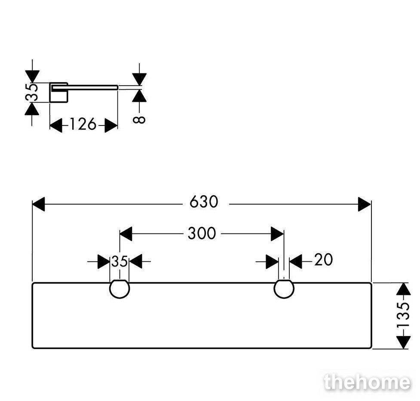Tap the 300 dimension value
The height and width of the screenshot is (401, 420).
pos(202,233)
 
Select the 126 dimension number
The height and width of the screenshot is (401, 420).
pos(83,124)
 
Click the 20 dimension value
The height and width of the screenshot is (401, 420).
pos(323,260)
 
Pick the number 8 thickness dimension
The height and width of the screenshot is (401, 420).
pos(139,120)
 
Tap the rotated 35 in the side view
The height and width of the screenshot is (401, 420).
pos(32,92)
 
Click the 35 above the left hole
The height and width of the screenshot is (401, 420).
pos(120,261)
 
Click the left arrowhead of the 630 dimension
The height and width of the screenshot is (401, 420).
pos(38,204)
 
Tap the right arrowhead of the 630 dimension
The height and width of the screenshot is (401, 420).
pos(365,204)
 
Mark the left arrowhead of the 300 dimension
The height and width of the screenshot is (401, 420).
pos(126,233)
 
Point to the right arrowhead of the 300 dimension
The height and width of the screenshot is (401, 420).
pos(277,233)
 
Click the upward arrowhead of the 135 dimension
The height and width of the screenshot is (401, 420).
pos(403,289)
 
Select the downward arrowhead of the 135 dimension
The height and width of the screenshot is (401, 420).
pos(403,343)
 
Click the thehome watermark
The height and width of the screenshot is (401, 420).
pos(367,382)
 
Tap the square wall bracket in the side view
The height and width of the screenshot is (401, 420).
pos(58,92)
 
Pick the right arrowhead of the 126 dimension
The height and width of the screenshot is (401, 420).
pos(111,125)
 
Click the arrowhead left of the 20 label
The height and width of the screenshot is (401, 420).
pos(272,261)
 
